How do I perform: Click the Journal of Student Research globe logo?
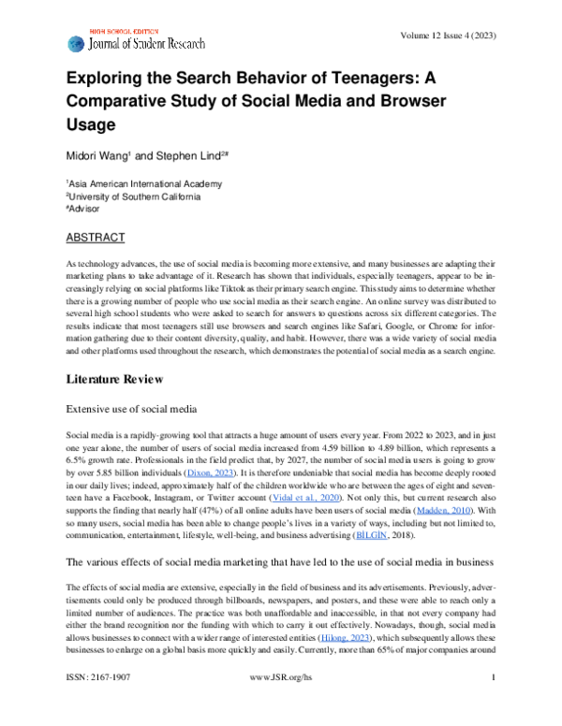(x=75, y=43)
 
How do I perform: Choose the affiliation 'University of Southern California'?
(x=134, y=196)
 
